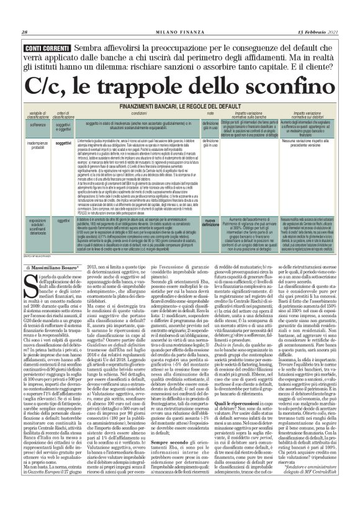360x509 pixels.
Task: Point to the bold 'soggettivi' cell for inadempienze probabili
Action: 64,143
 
